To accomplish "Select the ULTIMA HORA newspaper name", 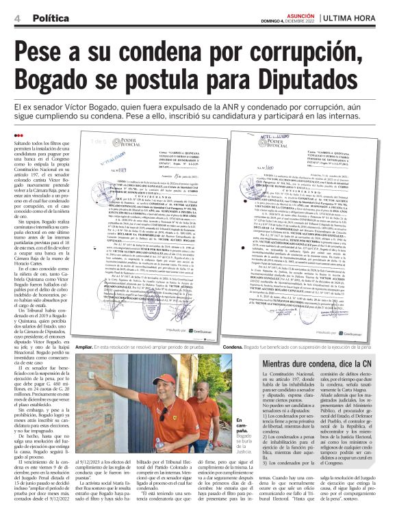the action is click(x=359, y=16).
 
